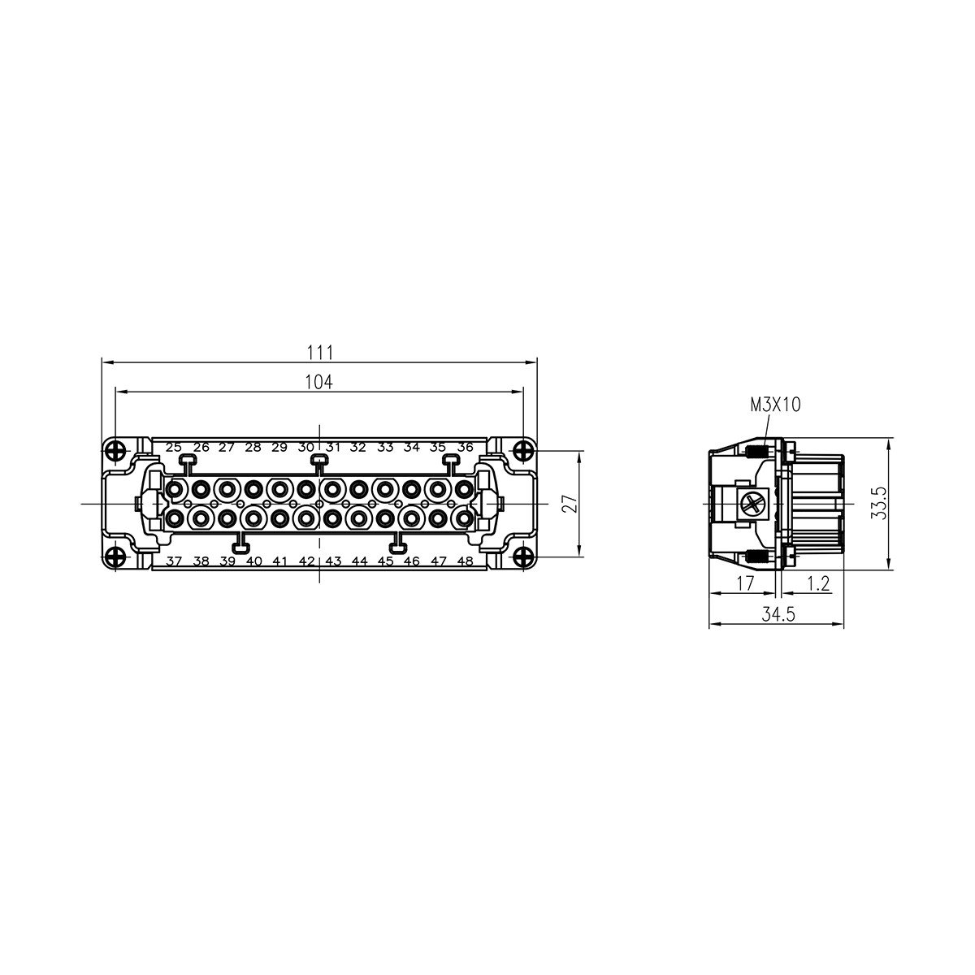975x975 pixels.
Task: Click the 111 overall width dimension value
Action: coord(320,352)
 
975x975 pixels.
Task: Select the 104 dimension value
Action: coord(319,382)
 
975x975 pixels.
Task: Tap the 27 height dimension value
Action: coord(570,504)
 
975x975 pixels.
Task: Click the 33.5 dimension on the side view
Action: coord(901,504)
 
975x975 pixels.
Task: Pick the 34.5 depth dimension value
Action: coord(777,615)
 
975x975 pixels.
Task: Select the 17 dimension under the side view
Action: coord(744,583)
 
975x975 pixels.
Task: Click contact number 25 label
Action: coord(174,447)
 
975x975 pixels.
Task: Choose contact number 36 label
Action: coord(465,447)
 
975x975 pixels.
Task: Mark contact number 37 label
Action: coord(174,561)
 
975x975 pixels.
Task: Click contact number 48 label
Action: coord(465,561)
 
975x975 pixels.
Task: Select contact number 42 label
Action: coord(306,561)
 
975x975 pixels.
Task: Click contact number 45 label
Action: coord(386,561)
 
